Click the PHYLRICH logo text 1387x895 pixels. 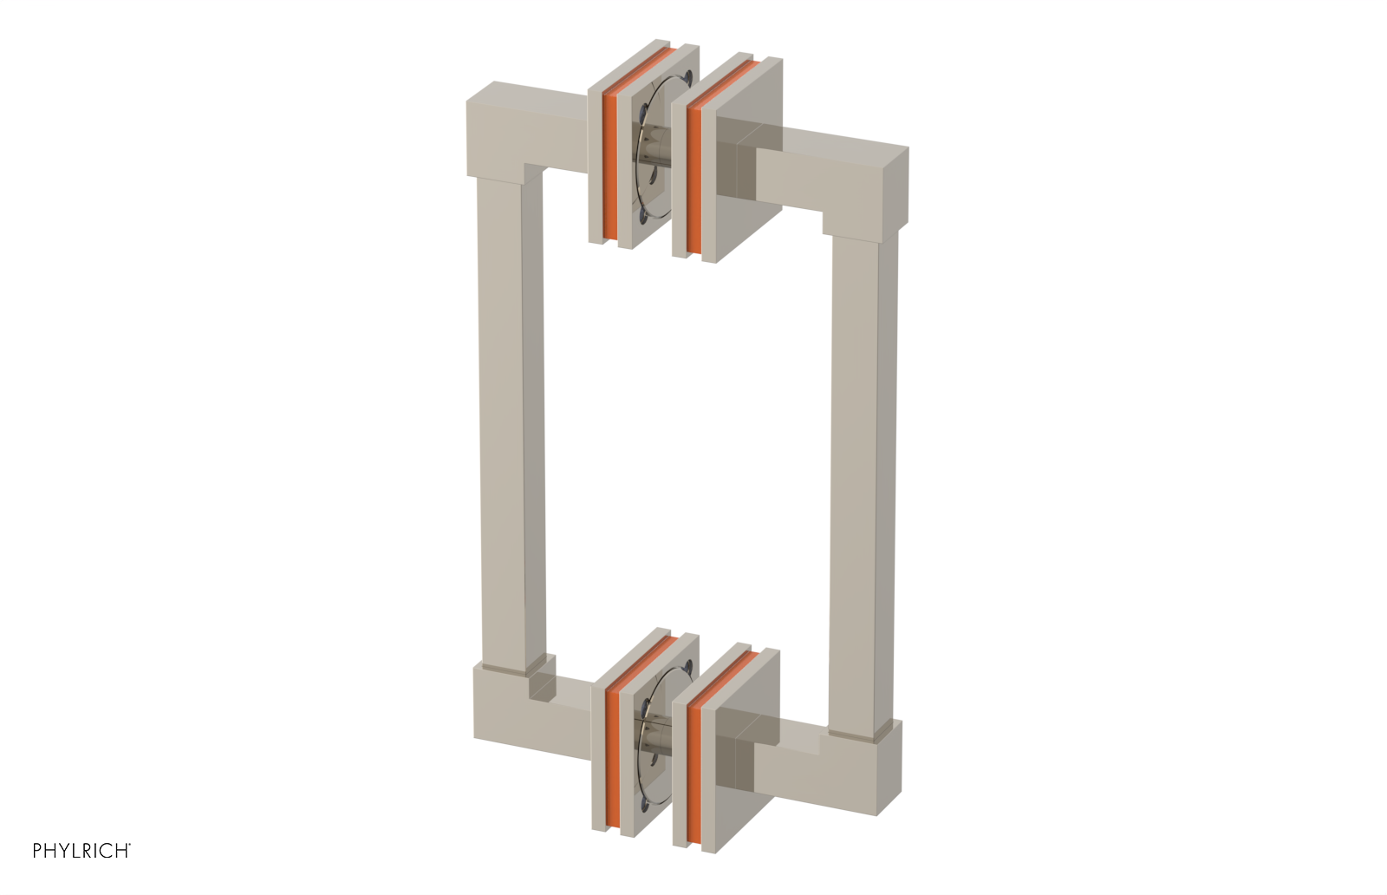(x=81, y=851)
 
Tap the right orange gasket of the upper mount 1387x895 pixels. (x=693, y=165)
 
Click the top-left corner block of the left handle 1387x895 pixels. (x=501, y=130)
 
